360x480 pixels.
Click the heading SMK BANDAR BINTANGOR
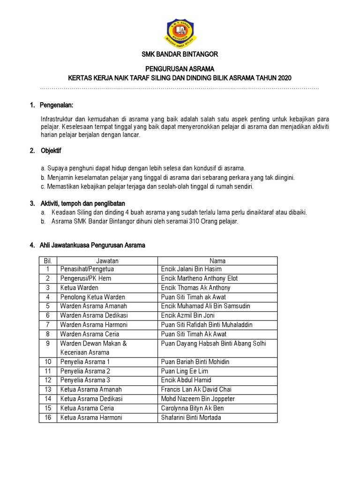click(x=180, y=54)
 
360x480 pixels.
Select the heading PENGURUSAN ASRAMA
click(x=180, y=68)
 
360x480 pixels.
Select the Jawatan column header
click(x=107, y=261)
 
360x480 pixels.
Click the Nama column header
click(x=217, y=261)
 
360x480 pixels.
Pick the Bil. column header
click(x=47, y=261)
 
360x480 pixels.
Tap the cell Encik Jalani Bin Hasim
click(x=191, y=270)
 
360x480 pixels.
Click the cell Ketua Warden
click(x=79, y=288)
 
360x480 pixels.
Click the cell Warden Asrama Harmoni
click(x=93, y=325)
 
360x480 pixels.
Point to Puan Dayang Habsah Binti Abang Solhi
click(x=213, y=343)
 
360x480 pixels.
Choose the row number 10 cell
click(x=47, y=362)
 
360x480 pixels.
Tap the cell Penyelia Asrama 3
click(x=85, y=380)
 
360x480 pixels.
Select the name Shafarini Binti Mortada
click(x=191, y=417)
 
